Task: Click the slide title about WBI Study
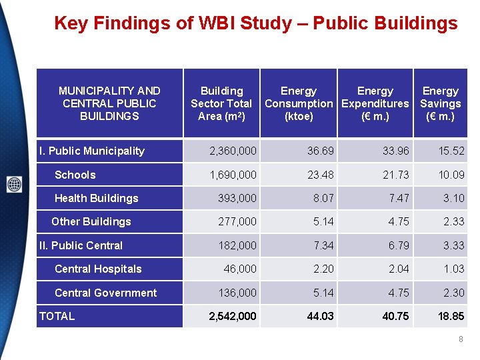[255, 24]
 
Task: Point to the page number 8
[461, 340]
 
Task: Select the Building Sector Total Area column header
[221, 103]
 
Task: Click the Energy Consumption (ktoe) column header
[298, 103]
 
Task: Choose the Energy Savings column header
[440, 103]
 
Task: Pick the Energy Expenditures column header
[375, 103]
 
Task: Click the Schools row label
[75, 175]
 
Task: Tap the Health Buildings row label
[96, 198]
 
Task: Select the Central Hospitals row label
[98, 269]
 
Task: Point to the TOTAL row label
[57, 316]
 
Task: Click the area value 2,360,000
[233, 151]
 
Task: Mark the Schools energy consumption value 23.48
[321, 175]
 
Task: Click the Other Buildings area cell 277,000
[237, 221]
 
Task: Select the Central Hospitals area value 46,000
[239, 269]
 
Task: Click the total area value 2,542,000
[233, 316]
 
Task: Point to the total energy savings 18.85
[450, 316]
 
